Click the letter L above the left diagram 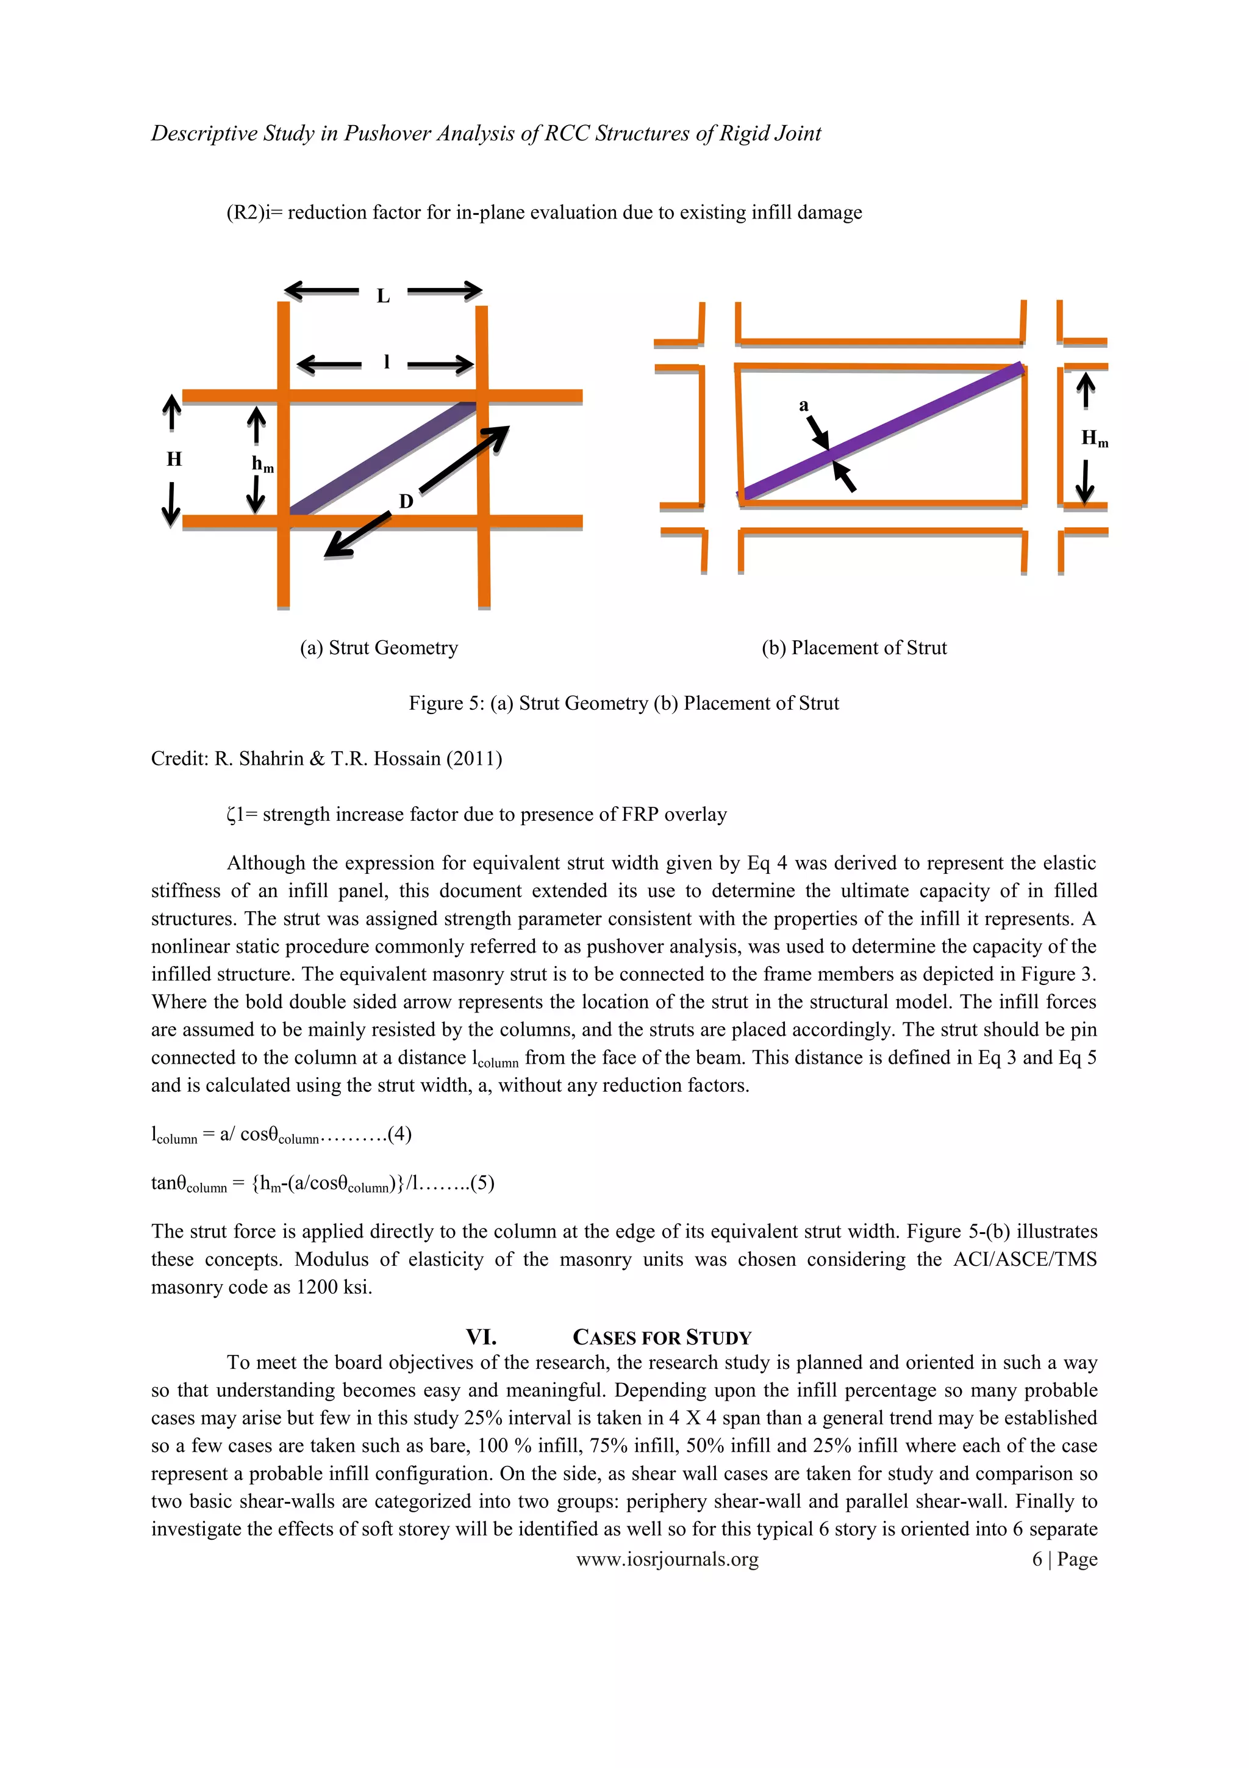click(x=383, y=296)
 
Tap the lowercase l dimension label click(x=386, y=362)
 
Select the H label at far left click(x=174, y=460)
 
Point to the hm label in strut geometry click(x=262, y=464)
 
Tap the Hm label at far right click(x=1094, y=439)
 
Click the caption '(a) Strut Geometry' click(x=379, y=648)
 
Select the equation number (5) click(x=482, y=1183)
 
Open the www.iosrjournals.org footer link click(x=667, y=1559)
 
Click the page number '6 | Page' click(x=1064, y=1559)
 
